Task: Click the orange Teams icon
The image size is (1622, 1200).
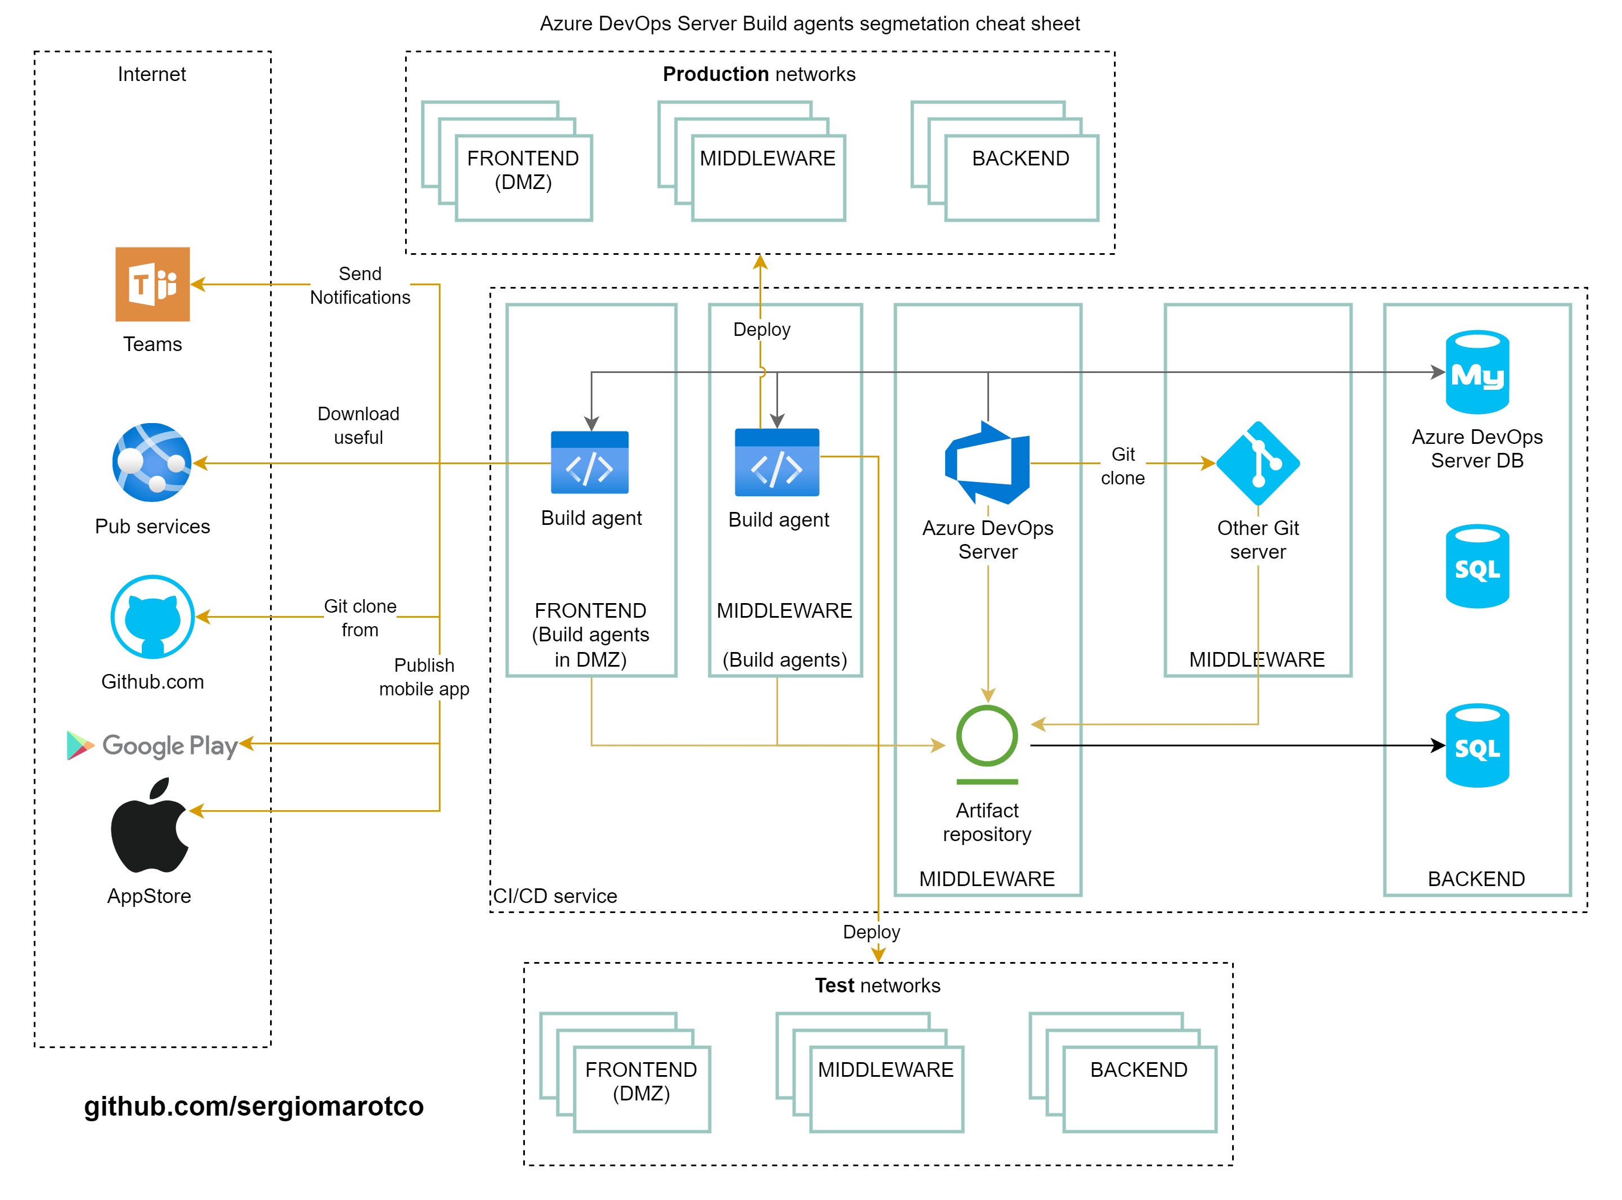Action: coord(152,284)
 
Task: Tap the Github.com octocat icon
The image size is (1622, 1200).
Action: coord(152,617)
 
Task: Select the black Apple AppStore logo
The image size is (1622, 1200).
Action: coord(149,826)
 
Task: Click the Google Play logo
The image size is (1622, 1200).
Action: coord(152,745)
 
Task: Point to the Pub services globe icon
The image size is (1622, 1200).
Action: coord(152,462)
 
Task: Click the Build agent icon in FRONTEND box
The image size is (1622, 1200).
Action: coord(589,462)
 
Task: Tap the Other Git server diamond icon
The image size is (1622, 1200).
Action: coord(1257,462)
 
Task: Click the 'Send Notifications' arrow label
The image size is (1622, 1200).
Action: coord(360,285)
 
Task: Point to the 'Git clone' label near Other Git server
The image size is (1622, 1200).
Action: coord(1122,466)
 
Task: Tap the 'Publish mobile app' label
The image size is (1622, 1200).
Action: coord(424,677)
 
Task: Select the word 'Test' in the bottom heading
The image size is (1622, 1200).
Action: coord(834,985)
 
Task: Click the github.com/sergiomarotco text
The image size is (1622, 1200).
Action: coord(254,1105)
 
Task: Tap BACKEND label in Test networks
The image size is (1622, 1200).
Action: coord(1138,1069)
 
